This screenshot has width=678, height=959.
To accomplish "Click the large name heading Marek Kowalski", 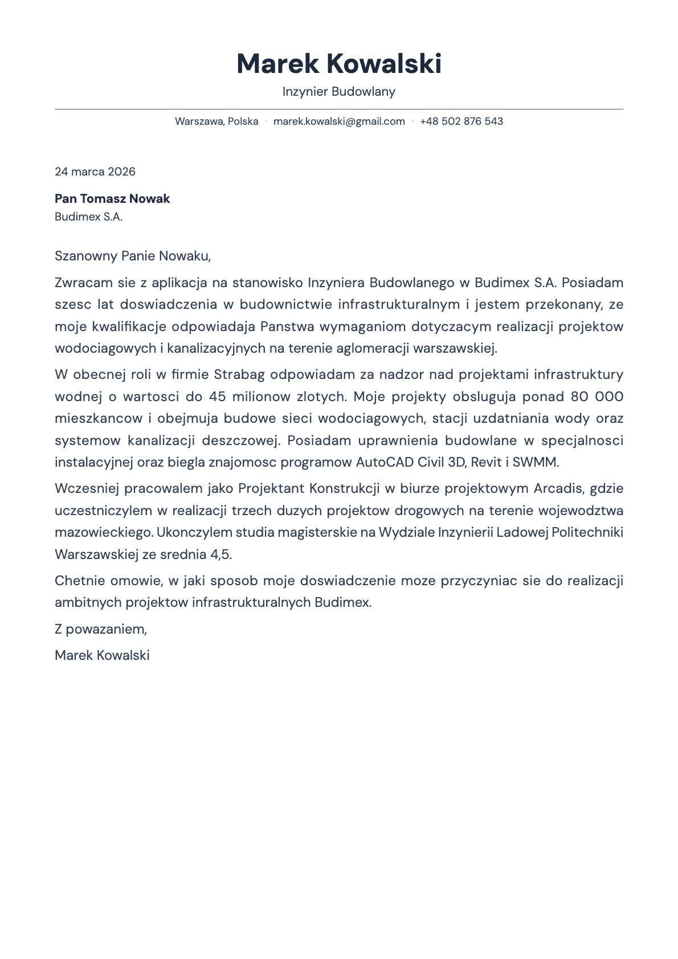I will pos(339,63).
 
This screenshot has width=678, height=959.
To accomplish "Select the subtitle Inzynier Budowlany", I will pos(339,92).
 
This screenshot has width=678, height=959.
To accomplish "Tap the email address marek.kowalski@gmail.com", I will pos(339,121).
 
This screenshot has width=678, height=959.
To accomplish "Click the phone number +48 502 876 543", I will pos(461,121).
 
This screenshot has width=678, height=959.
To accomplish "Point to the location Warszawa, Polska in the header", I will pos(217,121).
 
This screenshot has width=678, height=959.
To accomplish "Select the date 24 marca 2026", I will pos(95,172).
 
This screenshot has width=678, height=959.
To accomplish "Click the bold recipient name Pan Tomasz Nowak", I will pos(112,199).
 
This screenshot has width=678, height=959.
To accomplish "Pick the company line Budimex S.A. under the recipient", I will pos(88,217).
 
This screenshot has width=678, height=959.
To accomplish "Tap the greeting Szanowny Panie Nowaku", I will pos(133,256).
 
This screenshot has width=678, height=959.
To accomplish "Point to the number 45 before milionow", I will pos(217,397).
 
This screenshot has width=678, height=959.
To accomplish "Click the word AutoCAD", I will pos(385,462).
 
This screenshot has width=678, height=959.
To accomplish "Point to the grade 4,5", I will pos(220,554).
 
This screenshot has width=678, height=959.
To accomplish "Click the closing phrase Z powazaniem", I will pos(101,629).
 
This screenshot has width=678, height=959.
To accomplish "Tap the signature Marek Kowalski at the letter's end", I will pos(102,655).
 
